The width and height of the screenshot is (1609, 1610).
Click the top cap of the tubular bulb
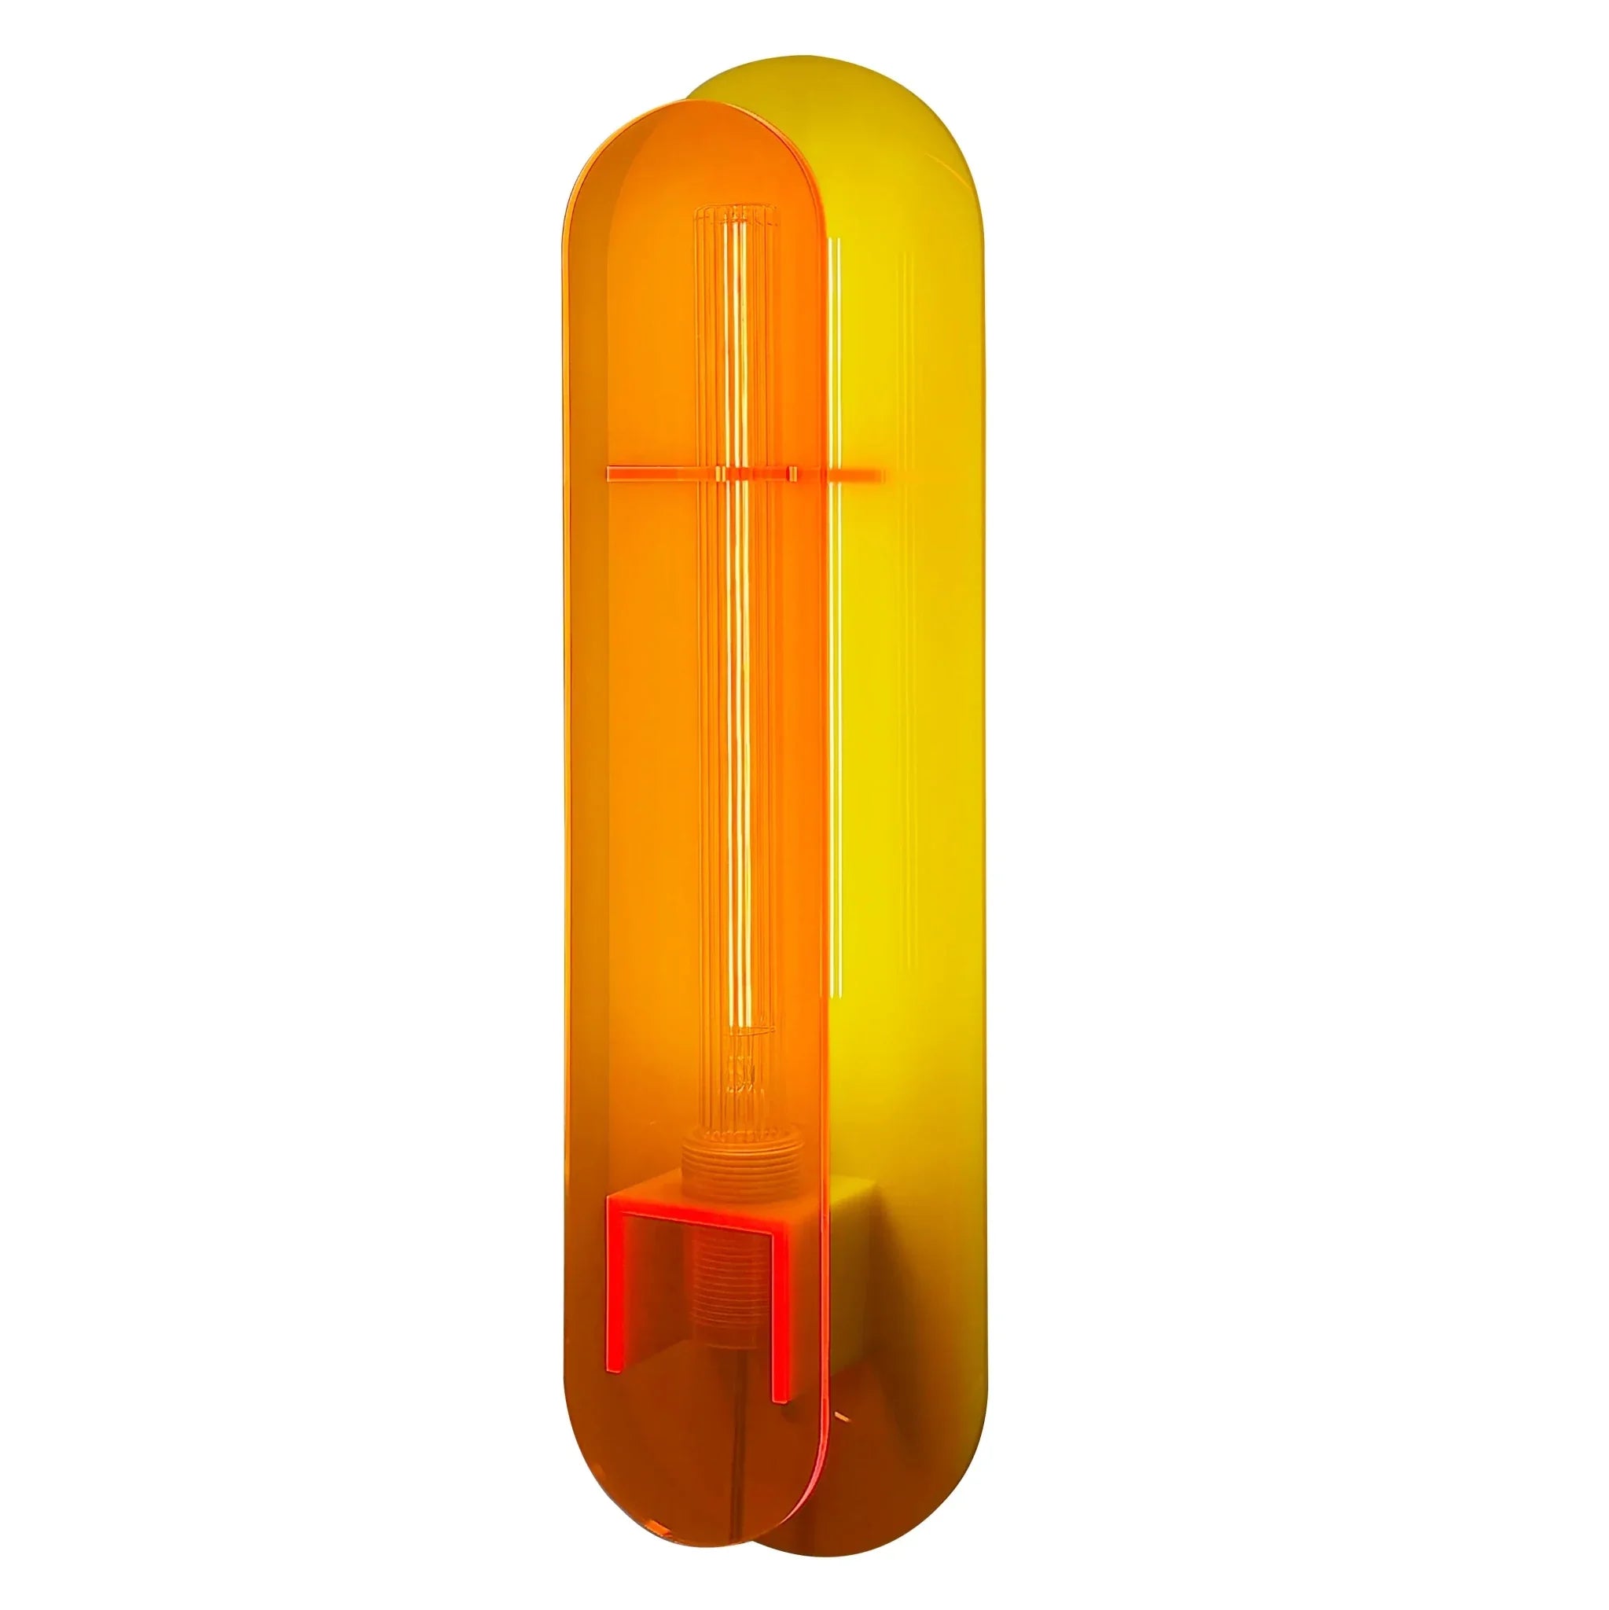736,219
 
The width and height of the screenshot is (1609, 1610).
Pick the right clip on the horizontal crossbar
790,475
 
